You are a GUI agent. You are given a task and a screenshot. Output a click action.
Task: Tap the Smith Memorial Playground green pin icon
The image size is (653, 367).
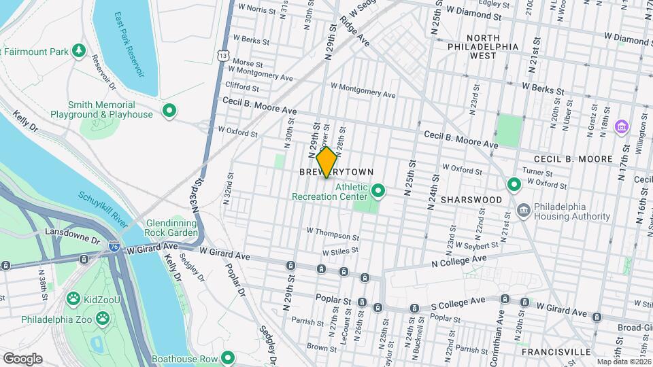coord(169,110)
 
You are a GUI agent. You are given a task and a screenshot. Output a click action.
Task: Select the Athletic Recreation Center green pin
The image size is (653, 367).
coord(378,192)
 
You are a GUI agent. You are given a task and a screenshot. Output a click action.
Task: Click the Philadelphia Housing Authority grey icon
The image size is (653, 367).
coord(523,209)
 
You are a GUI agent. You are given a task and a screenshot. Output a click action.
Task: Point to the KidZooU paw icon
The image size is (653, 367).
coord(73,298)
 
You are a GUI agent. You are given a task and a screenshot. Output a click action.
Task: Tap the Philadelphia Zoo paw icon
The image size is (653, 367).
coord(102,318)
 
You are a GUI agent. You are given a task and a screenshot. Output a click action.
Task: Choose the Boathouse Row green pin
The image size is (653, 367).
coord(229,358)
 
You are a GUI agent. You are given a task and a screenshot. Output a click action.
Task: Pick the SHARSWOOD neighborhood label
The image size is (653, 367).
coord(471,200)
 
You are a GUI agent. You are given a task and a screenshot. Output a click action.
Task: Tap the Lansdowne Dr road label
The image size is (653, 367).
coord(72,232)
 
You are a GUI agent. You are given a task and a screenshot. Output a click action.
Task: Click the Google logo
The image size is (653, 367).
coord(22,358)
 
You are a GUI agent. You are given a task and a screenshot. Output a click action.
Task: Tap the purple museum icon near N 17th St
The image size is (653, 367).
coord(620,126)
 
